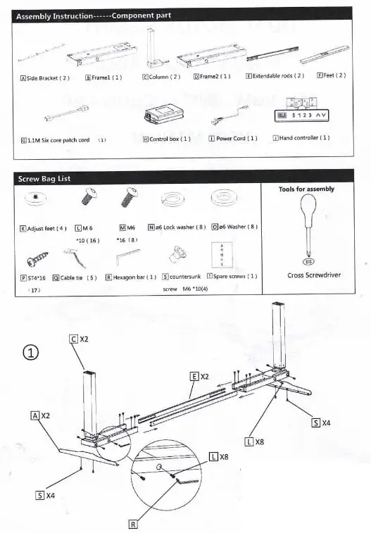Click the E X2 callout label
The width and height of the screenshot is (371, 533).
199,377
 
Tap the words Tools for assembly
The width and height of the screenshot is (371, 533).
306,189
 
